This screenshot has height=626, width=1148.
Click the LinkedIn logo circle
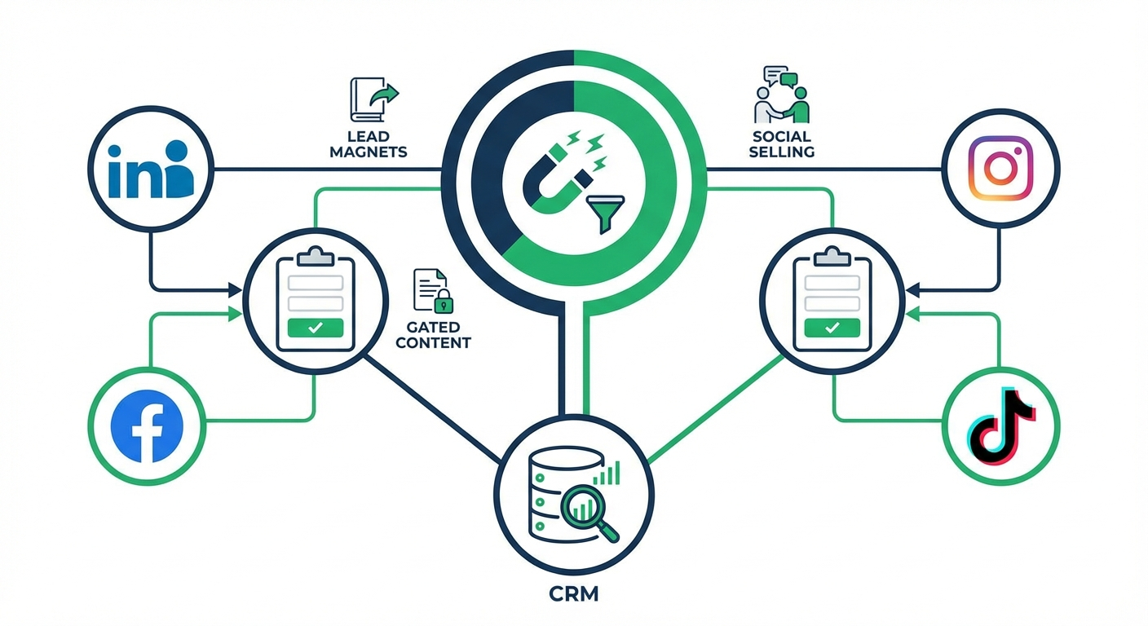tap(150, 170)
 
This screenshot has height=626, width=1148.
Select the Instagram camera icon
tap(1000, 169)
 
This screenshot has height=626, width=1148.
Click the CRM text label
tap(574, 594)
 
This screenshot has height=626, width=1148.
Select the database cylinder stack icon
tap(549, 506)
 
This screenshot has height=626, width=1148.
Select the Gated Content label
tap(433, 335)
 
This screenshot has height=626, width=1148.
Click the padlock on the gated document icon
tap(443, 302)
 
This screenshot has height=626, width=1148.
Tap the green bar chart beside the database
tap(607, 474)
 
